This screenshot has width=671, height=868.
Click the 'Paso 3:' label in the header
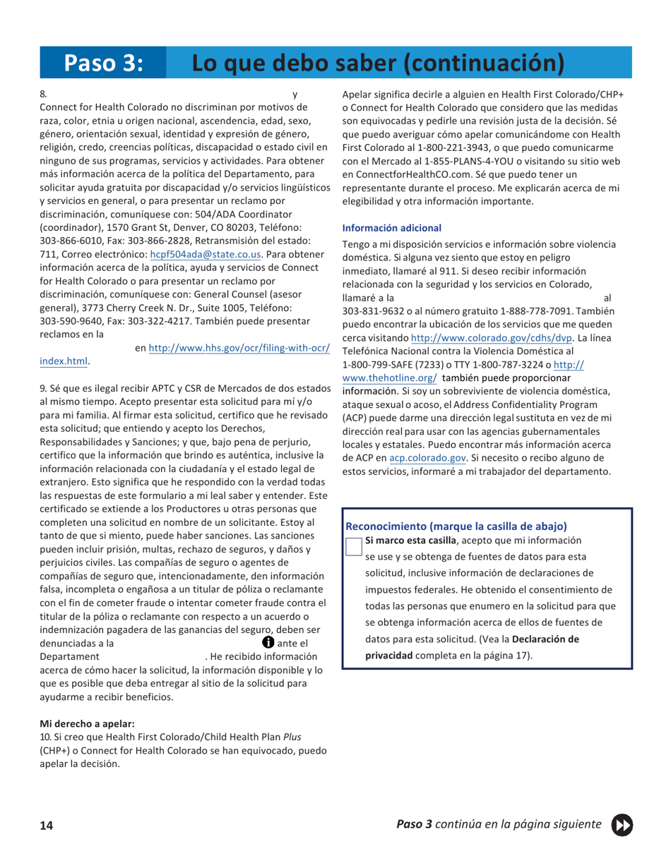(x=104, y=62)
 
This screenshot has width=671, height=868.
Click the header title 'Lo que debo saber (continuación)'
(x=379, y=62)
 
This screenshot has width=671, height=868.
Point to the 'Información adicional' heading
(x=391, y=228)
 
